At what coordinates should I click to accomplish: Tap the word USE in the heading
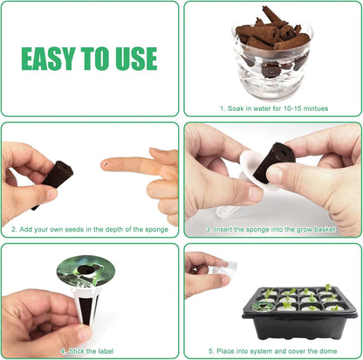(x=134, y=59)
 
